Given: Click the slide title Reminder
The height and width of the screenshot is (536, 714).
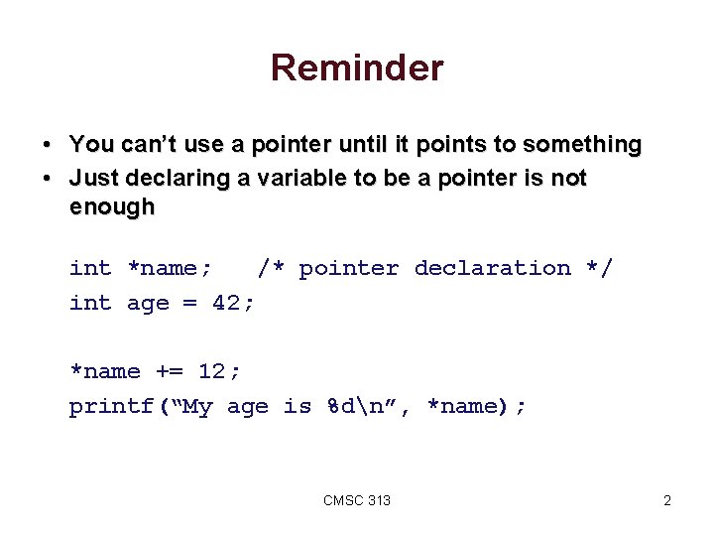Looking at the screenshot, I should pos(356,68).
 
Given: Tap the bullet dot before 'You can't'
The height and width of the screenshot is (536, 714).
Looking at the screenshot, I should pos(47,146).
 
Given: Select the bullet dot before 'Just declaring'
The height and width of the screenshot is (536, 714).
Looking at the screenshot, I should pos(47,179).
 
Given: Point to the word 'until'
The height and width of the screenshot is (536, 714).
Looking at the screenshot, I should pos(340,145).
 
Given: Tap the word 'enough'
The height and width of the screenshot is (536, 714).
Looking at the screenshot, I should pos(112,207).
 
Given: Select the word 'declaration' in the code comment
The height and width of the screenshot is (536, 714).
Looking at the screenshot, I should pos(492,268).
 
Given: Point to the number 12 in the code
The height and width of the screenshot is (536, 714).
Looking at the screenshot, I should pos(213,371).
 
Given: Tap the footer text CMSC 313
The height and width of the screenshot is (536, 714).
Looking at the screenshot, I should pos(357,500).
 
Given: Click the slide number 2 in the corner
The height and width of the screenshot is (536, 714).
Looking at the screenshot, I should pos(667,500).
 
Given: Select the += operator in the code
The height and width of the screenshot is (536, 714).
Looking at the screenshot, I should pos(170,371).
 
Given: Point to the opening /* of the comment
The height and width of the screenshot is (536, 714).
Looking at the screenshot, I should pos(272,268).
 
